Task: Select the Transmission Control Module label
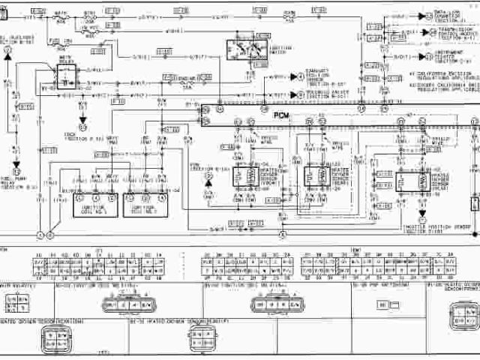[457, 34]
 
